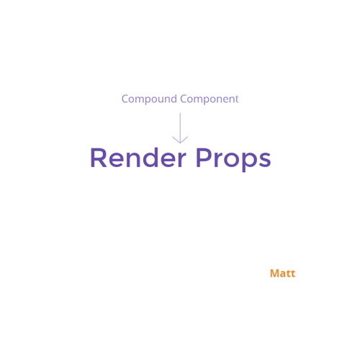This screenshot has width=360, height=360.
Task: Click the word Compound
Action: pos(149,99)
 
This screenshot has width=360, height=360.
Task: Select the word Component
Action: pos(210,99)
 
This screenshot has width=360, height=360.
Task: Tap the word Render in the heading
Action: pos(138,158)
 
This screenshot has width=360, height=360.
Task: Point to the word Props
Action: pos(233,160)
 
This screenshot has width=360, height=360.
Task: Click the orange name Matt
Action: pos(282,274)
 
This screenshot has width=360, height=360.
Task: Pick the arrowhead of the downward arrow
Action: pos(180,140)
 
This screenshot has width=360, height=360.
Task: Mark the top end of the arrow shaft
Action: pos(180,113)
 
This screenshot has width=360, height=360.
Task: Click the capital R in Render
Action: pos(99,158)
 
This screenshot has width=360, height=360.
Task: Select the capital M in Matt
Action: pos(274,274)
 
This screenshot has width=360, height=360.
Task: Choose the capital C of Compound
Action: pos(125,99)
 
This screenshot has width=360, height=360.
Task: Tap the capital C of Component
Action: pos(184,99)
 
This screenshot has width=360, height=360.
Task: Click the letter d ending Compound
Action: pos(174,99)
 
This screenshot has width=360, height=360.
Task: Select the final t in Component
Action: pos(237,99)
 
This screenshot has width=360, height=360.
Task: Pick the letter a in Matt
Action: pos(283,274)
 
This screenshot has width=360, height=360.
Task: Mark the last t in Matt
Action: pos(293,274)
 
